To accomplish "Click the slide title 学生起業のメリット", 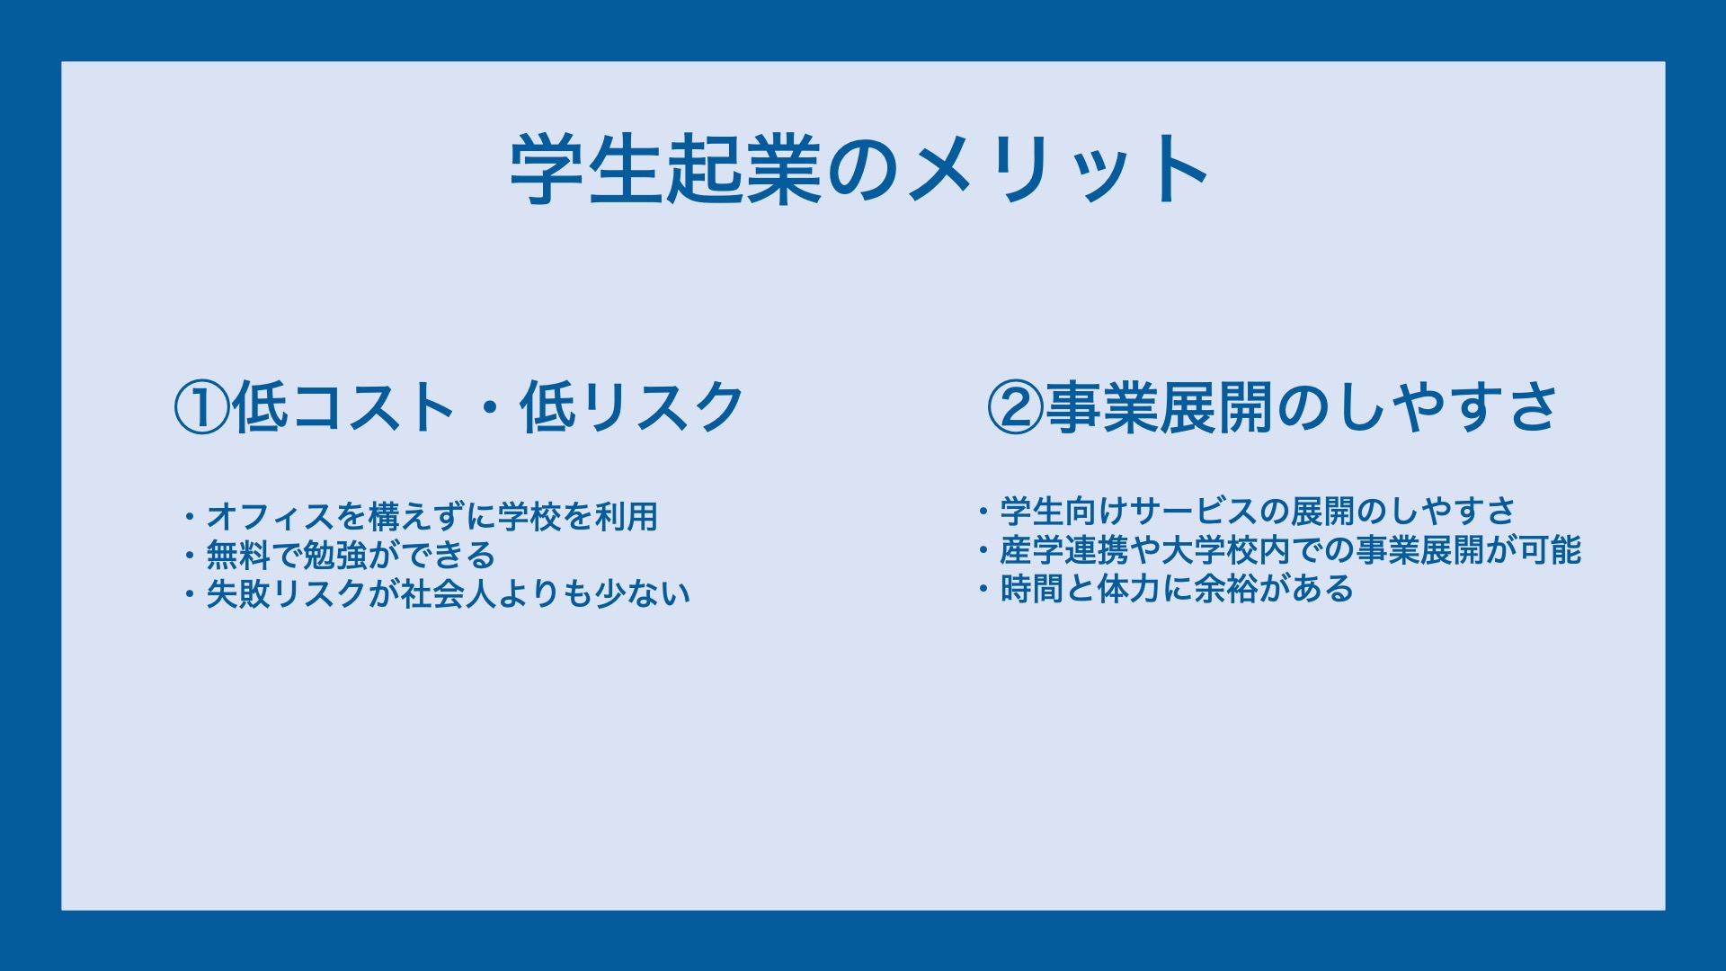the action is [859, 169].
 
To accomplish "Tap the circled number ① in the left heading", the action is [202, 407].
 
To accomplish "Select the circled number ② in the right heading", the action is [1015, 407].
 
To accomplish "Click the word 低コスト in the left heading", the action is [344, 407].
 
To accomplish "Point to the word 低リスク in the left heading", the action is [633, 407].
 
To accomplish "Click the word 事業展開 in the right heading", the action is [1159, 407].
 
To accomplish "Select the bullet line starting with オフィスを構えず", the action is [421, 517].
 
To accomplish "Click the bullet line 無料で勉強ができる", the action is [340, 556].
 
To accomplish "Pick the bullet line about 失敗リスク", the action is [437, 594].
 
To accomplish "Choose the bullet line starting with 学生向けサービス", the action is [1247, 512].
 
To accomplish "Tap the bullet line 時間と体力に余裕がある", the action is [1166, 589].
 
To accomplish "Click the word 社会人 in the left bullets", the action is [449, 594].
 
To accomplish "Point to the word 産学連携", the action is [1064, 550].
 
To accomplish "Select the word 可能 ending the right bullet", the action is [1550, 550].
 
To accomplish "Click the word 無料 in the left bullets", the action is [238, 556].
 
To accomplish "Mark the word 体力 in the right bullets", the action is [1129, 589].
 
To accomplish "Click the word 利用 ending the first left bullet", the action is [627, 517].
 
